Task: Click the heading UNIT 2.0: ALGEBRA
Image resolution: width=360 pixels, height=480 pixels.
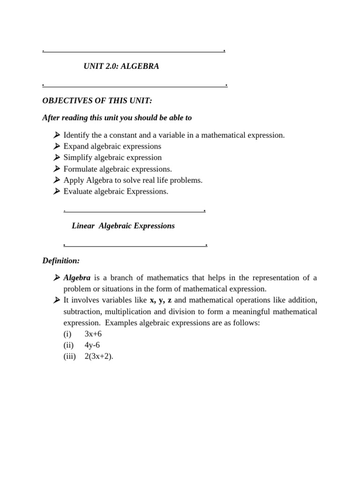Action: [121, 67]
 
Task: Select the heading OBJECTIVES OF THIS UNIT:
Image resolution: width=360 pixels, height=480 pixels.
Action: [97, 101]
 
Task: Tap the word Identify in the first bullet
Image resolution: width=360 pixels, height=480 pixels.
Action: [76, 135]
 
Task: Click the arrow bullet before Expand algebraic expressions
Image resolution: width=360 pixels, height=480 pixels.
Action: [57, 146]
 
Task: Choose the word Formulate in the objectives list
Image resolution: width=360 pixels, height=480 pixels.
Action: [81, 169]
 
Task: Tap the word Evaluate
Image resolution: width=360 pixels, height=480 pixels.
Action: [78, 191]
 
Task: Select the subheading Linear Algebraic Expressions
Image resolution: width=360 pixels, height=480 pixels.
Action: [123, 226]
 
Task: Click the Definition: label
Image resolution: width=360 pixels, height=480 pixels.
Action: [61, 260]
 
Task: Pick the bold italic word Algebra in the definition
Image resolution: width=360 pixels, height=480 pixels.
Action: [77, 277]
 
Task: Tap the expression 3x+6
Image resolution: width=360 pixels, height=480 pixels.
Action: [93, 334]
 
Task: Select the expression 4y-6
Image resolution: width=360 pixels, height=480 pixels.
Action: [92, 345]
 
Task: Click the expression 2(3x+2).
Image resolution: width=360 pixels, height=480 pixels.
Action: [99, 356]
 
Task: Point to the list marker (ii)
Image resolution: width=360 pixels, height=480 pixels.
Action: [68, 345]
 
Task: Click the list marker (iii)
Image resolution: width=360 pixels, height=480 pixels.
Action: [69, 356]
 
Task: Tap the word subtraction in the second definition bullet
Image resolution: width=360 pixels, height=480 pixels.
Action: [82, 312]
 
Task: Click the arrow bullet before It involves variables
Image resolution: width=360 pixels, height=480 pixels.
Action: [57, 300]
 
